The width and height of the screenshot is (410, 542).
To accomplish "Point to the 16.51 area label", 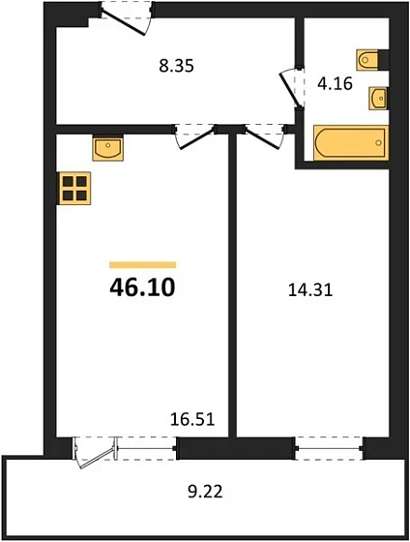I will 191,420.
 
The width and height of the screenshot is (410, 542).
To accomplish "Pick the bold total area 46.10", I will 142,287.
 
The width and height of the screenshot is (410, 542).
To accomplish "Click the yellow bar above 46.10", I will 142,263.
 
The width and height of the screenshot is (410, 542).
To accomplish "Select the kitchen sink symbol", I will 106,148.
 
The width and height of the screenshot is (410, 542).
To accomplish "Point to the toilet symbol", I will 370,60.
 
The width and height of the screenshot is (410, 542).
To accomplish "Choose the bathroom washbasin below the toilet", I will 378,98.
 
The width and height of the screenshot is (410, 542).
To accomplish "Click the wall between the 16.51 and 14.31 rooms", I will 233,290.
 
